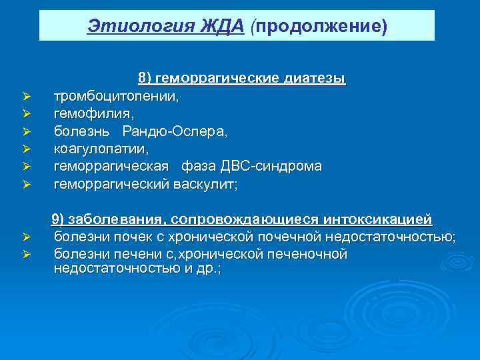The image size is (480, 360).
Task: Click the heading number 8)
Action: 145,79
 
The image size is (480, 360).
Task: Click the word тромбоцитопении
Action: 116,97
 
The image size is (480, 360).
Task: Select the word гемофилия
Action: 89,114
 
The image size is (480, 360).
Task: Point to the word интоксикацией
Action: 377,219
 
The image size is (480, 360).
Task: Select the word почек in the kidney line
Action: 128,237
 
